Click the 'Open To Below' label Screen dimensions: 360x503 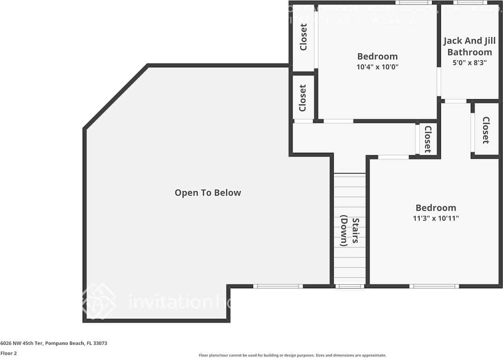(x=208, y=193)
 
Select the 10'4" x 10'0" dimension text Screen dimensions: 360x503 (x=377, y=67)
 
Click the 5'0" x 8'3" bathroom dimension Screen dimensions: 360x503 (x=469, y=63)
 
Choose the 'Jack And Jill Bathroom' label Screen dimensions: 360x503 (x=469, y=46)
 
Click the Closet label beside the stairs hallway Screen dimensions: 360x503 (x=428, y=139)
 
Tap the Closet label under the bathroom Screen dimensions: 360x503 (x=486, y=130)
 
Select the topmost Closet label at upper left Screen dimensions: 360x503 (x=303, y=37)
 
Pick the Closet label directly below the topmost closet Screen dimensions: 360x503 (x=303, y=98)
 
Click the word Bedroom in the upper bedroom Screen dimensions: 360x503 (x=377, y=56)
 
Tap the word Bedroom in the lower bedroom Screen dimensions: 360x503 (x=436, y=208)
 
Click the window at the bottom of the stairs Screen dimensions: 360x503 (x=350, y=286)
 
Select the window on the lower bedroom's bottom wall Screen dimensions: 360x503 (x=434, y=286)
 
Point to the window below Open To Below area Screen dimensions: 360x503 (x=278, y=286)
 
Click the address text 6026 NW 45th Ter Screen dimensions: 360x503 (x=54, y=343)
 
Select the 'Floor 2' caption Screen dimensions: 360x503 (x=8, y=353)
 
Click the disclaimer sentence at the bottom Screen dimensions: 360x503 (x=292, y=355)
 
